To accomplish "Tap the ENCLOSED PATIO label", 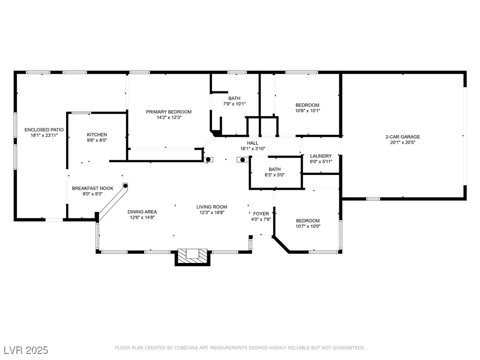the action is (x=44, y=130).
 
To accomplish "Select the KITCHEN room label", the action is (x=97, y=135).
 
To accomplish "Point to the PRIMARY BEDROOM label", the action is (x=169, y=112).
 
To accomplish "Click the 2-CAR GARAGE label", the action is (x=403, y=137).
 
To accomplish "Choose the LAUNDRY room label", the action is (x=321, y=156).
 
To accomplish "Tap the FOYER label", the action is (x=261, y=214).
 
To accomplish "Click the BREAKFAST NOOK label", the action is (x=92, y=188).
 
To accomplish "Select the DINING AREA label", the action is (x=142, y=212).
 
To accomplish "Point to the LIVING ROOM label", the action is (x=212, y=207).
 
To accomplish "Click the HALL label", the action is (x=253, y=143).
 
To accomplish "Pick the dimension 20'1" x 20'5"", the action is (x=403, y=142).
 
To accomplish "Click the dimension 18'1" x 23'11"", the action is (x=44, y=135).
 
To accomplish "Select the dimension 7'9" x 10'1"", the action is (x=234, y=104).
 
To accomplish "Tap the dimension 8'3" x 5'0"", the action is (x=275, y=175).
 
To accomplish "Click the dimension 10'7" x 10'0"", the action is (x=307, y=226).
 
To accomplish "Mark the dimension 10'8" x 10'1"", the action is (x=307, y=111).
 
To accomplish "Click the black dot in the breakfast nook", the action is (x=125, y=186).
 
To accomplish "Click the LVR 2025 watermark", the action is (x=26, y=350).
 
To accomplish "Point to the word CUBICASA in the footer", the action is (x=186, y=348).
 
